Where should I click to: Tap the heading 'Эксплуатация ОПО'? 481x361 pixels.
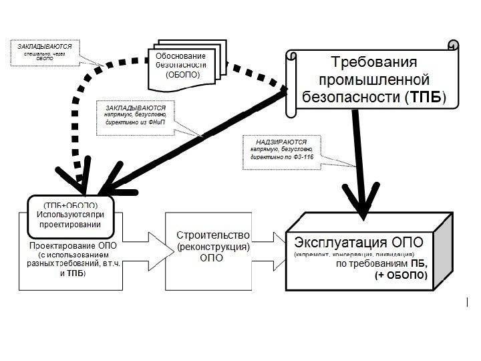351,241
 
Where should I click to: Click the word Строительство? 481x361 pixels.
214,235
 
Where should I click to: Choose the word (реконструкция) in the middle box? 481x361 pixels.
214,247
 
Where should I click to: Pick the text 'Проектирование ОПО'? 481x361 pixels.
73,245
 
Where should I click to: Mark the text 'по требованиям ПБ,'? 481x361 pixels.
381,263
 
